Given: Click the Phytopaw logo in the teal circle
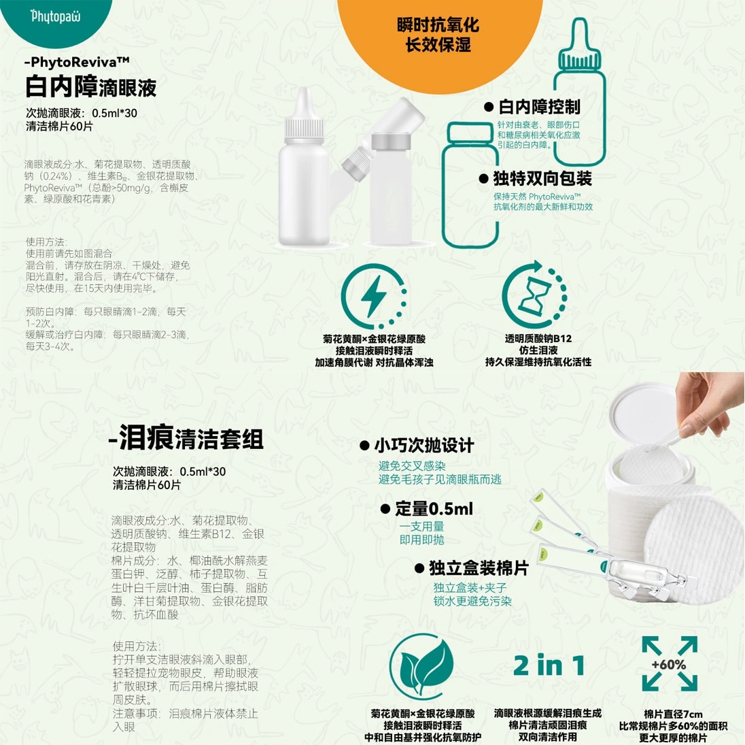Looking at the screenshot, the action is coord(56,17).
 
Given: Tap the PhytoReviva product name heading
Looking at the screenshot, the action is coord(77,61).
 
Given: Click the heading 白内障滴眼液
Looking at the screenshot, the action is coord(91,86).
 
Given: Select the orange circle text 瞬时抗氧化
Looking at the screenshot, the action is coord(438,24).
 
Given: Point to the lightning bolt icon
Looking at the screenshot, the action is coord(374,294).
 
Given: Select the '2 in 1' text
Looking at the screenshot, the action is coord(549,665).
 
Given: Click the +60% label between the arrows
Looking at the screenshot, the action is coord(668,664).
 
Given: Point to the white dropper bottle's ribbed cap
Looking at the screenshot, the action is coord(304,129).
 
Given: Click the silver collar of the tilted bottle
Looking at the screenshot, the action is coord(391,142).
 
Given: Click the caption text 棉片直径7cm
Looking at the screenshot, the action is coord(673,714).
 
